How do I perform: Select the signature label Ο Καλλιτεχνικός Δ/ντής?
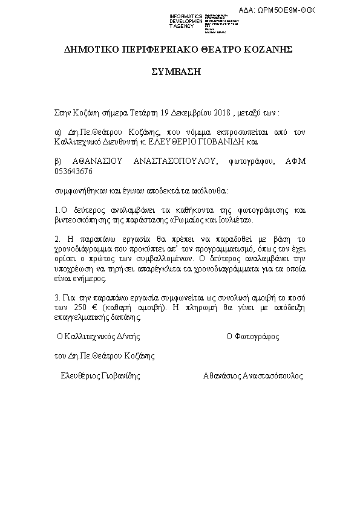[x=97, y=336]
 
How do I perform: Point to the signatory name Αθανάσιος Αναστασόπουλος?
[x=253, y=375]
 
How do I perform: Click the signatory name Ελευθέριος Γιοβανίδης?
[x=100, y=375]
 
